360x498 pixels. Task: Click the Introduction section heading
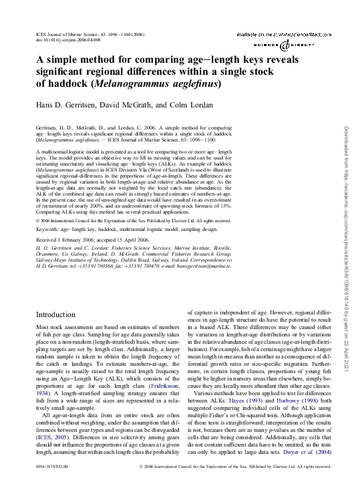[x=57, y=313]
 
